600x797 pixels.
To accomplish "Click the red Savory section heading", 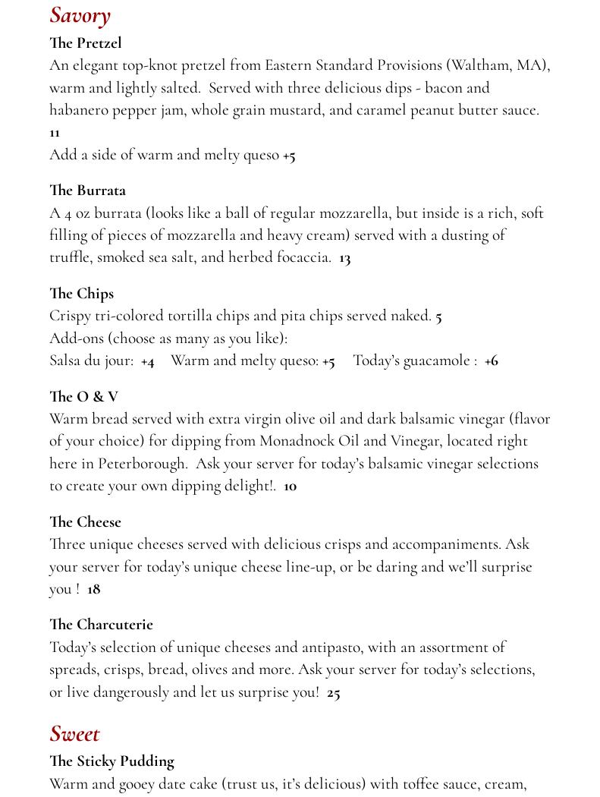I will (80, 15).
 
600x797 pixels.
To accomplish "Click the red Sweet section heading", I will (74, 733).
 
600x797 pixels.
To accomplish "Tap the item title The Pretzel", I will (85, 43).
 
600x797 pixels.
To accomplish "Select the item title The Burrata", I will (87, 191).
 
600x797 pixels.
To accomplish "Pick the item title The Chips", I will (81, 294).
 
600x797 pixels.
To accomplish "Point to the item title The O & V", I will (83, 396).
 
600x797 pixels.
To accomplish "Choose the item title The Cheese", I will (85, 522).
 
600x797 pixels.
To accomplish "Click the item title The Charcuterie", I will (101, 625).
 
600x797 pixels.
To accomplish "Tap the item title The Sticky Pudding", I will (112, 761).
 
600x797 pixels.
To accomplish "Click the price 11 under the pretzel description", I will (55, 133).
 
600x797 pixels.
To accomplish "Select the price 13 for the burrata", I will (344, 258).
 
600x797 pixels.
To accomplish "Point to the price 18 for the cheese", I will (93, 589).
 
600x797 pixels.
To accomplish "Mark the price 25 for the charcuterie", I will (333, 692).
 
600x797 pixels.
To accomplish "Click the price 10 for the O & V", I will (290, 487).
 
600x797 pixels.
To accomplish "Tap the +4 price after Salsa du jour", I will (147, 361).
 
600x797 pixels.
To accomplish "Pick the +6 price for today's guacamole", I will (491, 361).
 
